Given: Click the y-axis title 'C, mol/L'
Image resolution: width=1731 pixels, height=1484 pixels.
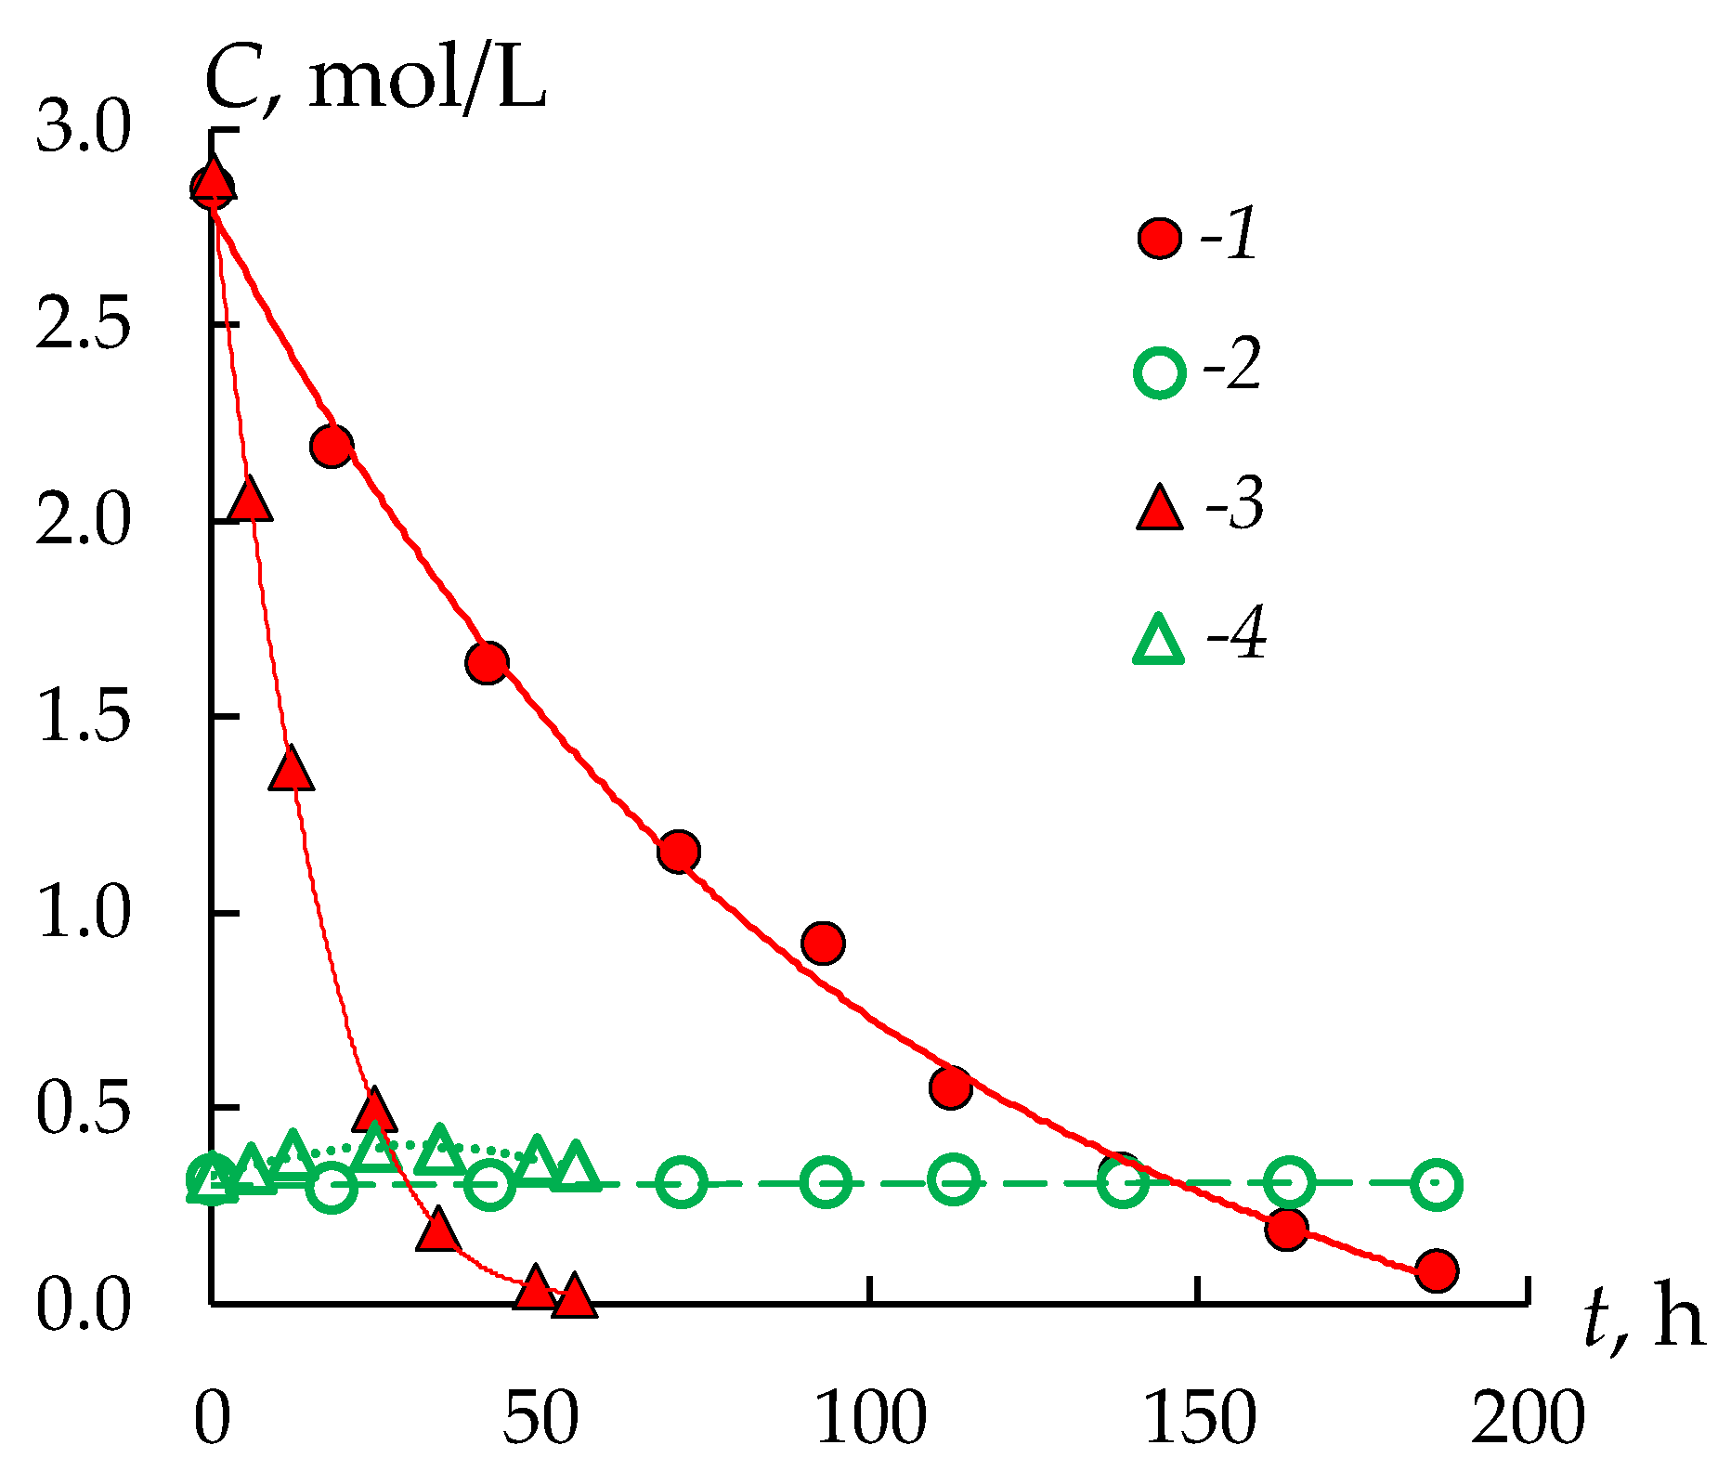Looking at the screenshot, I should coord(375,82).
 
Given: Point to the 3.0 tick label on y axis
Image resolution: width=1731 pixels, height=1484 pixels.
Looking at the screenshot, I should coord(85,129).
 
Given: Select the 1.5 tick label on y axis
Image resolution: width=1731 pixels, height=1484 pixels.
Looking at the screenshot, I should coord(83,717).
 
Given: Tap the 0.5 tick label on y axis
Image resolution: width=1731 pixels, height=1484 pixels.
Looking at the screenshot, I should coord(83,1109).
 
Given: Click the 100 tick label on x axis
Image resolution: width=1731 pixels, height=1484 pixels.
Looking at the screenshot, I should coord(871,1419).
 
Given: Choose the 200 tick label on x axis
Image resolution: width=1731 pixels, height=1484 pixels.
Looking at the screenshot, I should coord(1527,1419).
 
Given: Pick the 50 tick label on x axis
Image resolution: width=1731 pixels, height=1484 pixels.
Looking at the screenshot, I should coord(540,1419).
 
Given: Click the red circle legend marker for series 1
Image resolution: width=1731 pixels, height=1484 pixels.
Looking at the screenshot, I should coord(1160,239).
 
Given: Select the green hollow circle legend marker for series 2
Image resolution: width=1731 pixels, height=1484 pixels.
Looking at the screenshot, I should coord(1160,372).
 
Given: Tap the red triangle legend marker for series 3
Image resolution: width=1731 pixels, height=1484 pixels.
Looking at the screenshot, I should coord(1160,509).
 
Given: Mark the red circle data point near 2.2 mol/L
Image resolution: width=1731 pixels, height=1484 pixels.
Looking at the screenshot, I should coord(332,446).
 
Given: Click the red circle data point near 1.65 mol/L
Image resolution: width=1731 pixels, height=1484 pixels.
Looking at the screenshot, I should coord(487,662).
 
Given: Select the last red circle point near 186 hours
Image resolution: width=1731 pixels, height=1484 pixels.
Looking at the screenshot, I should coord(1437,1269).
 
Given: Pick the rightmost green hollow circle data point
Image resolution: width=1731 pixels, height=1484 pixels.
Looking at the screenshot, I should coord(1437,1184).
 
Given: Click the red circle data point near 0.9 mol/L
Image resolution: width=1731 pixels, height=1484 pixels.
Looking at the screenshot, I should coord(823,944).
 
